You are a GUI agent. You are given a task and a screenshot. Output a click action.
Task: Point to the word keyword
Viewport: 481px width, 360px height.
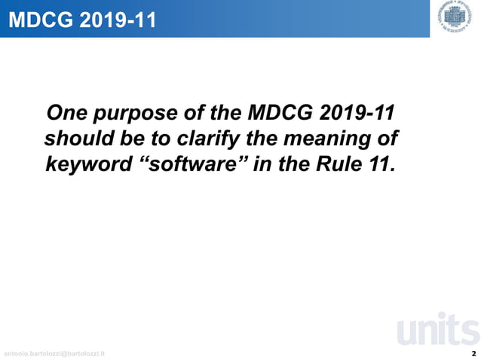(x=88, y=165)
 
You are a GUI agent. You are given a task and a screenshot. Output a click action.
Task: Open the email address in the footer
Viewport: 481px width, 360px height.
(x=54, y=353)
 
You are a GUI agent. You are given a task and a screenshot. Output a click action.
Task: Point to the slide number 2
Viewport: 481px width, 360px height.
(x=473, y=352)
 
